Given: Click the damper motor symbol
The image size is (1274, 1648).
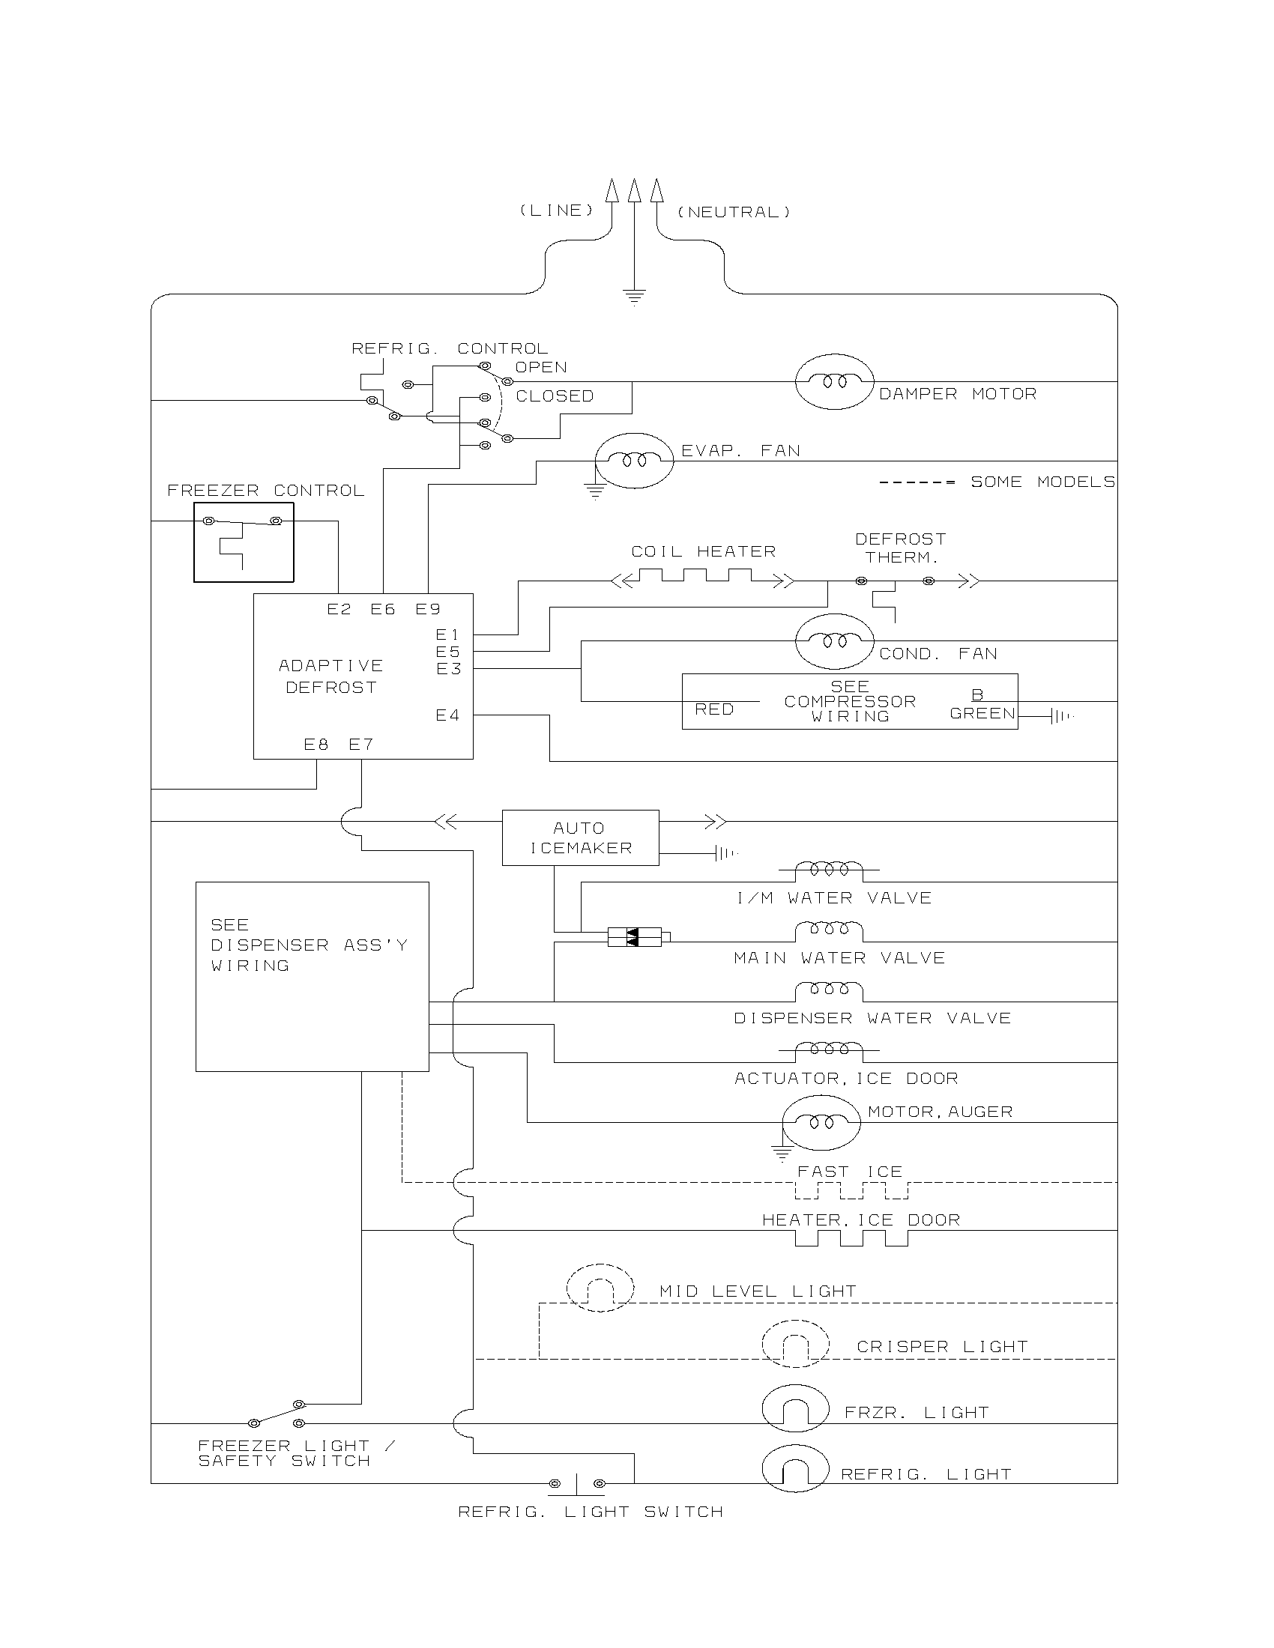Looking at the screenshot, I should coord(834,382).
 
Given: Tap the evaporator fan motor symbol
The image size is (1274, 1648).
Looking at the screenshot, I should coord(633,461).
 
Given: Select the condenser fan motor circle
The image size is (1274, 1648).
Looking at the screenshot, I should coord(834,641).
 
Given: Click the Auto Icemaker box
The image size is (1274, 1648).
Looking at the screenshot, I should coord(580,837).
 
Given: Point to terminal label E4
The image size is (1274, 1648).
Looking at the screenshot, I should coord(447,715).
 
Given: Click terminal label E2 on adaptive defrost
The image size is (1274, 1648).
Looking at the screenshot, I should coord(339,610).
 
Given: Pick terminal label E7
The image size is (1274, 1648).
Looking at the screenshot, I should coord(360,745).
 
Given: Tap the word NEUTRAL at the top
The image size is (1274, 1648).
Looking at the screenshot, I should coord(734,213).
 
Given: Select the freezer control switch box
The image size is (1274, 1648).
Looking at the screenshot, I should coord(243,542).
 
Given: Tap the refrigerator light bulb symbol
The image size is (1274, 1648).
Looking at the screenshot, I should coord(795,1469).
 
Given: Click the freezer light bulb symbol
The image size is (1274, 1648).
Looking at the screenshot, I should coord(795,1408).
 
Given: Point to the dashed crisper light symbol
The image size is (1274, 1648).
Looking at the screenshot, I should coord(795,1343).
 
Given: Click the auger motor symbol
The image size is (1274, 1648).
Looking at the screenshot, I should coord(821,1122).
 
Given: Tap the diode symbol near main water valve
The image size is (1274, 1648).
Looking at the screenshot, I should coord(634,938).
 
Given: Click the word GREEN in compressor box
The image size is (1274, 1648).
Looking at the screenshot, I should coord(982,714).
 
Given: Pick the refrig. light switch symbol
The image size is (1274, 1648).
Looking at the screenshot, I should coord(576,1484).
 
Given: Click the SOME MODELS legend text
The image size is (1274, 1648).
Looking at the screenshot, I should coord(1042,482).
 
